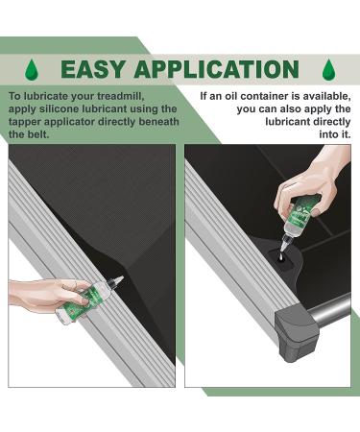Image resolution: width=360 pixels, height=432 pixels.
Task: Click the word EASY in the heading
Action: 92,69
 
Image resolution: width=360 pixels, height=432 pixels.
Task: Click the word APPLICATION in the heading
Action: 217,69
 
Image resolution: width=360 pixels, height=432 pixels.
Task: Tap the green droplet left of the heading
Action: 32,69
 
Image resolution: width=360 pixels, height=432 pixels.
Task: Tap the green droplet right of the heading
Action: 329,69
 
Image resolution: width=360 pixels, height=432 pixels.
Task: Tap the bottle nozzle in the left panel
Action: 116,280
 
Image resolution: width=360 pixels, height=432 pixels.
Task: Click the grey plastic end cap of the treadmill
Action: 297,332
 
